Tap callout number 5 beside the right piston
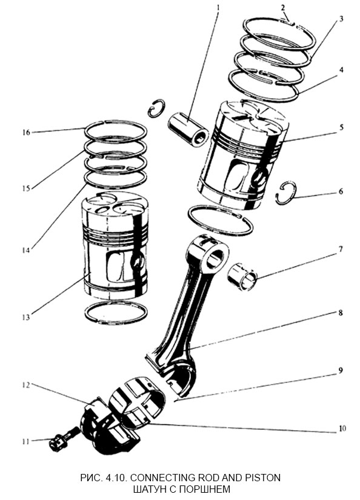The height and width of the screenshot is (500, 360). (342, 127)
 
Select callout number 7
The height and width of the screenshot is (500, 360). (341, 249)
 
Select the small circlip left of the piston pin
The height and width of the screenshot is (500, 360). (156, 108)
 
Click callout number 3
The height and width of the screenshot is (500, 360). (341, 19)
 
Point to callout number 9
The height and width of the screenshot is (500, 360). (341, 370)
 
